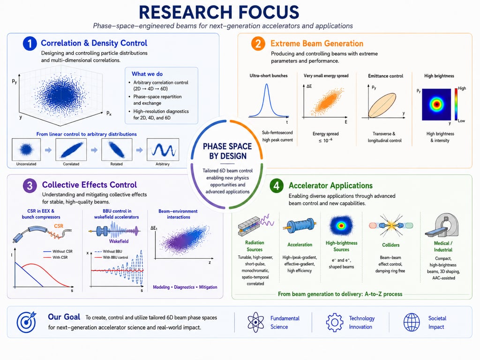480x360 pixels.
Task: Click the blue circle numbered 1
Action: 30,44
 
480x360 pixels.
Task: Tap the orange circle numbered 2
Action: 258,44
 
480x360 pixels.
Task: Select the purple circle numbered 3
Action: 30,186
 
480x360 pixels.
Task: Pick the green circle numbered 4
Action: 277,186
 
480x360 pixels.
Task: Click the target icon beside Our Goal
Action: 26,322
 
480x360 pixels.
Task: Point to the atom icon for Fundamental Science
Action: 255,322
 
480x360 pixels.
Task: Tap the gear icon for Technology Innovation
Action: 335,322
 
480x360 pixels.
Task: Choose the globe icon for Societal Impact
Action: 412,322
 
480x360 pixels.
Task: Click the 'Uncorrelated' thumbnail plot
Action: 26,150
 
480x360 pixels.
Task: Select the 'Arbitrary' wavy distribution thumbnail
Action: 163,150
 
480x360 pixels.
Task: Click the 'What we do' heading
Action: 147,74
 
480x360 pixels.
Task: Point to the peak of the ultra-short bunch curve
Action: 267,84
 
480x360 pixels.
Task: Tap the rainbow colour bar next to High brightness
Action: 456,104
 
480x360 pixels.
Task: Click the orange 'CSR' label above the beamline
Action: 59,226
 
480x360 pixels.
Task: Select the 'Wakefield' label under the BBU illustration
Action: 119,241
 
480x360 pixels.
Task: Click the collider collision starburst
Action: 391,225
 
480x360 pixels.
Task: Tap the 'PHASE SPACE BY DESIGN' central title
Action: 227,151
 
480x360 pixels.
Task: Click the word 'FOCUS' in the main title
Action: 269,12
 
